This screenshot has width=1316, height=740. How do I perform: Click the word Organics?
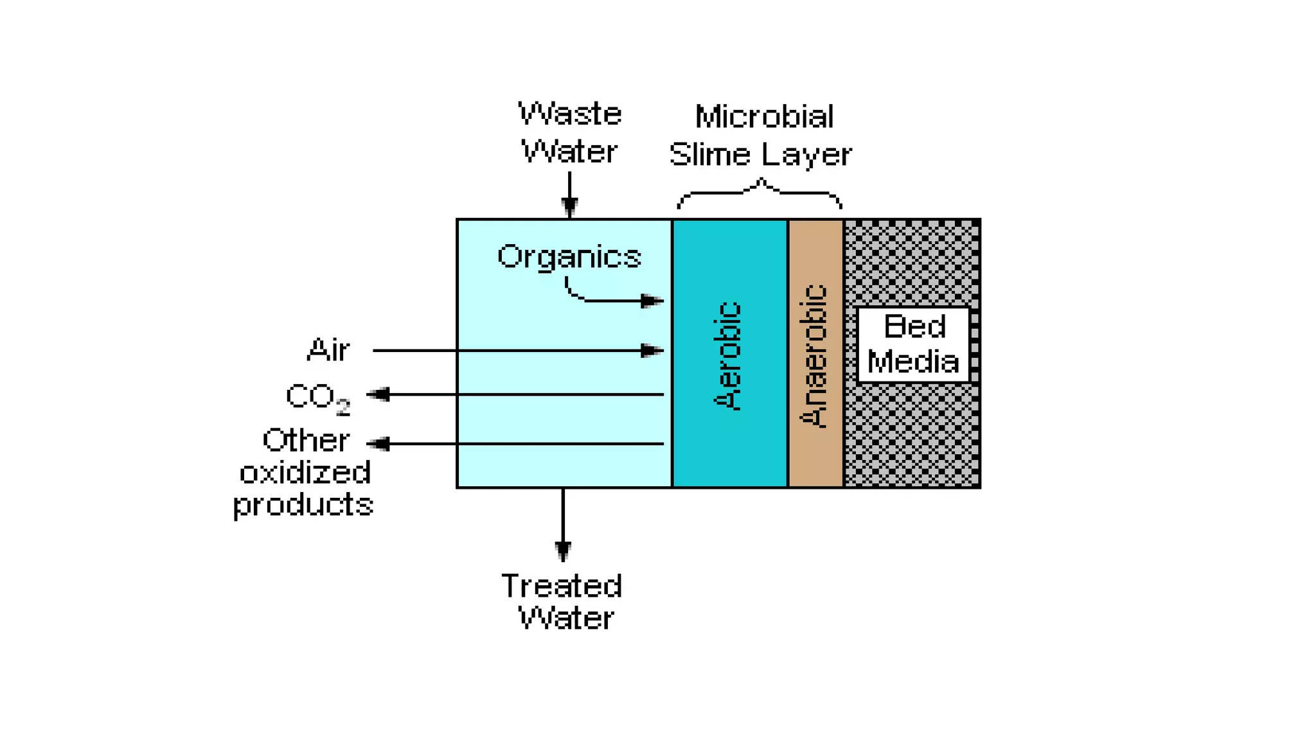click(569, 257)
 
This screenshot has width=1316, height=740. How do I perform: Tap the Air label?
click(328, 351)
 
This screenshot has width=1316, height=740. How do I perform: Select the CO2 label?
click(317, 398)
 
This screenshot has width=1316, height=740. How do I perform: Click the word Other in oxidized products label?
click(306, 441)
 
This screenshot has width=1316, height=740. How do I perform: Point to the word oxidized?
click(305, 473)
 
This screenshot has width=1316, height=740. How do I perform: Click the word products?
click(303, 506)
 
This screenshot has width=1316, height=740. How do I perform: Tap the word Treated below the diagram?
click(562, 586)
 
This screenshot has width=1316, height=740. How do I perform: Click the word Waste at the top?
click(570, 115)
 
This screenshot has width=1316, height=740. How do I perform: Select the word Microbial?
click(764, 118)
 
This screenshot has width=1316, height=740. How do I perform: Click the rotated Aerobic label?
click(728, 355)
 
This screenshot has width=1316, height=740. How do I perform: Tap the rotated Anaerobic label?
click(814, 357)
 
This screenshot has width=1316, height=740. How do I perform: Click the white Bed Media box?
click(913, 345)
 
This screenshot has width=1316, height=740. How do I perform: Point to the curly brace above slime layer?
click(760, 191)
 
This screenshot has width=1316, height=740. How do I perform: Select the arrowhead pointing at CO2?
click(378, 394)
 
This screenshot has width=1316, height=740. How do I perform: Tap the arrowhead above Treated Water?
click(563, 550)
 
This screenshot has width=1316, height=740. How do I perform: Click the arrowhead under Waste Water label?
click(569, 206)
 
